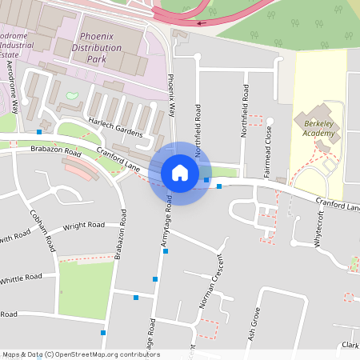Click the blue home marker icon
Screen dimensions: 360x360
180,173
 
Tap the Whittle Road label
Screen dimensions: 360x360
22,278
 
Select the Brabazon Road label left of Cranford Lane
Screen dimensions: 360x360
56,150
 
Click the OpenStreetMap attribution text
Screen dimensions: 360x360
80,354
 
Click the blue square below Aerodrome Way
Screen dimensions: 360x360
39,131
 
